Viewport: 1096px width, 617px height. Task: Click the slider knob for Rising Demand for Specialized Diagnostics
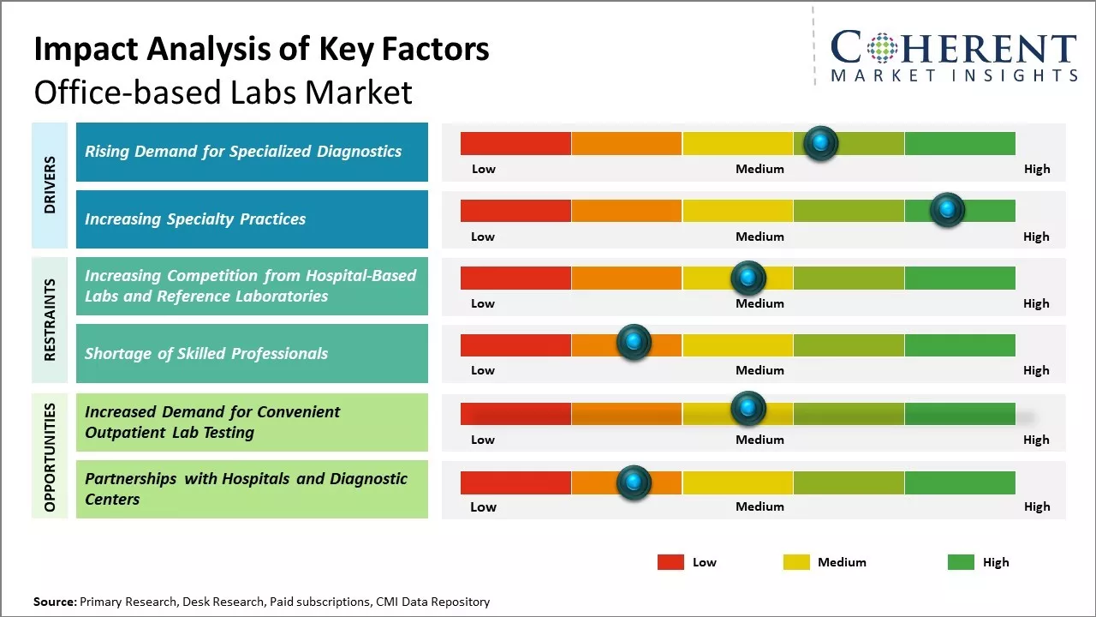click(x=821, y=143)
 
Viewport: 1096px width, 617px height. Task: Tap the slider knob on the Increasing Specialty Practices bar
click(x=947, y=210)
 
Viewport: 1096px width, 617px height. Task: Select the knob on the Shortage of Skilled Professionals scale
click(x=634, y=343)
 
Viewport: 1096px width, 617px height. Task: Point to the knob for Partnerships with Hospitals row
click(x=634, y=482)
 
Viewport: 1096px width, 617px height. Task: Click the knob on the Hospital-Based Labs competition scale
click(x=748, y=278)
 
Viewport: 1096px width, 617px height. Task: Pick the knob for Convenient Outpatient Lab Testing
click(x=748, y=409)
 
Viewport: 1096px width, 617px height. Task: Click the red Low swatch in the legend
click(x=670, y=562)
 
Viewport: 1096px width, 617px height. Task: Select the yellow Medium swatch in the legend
click(x=796, y=562)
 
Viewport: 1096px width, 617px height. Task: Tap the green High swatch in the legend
click(x=961, y=562)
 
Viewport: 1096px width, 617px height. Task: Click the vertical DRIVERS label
click(x=50, y=185)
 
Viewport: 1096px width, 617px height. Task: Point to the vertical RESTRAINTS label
click(x=50, y=320)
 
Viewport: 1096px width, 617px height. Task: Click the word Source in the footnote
click(x=55, y=602)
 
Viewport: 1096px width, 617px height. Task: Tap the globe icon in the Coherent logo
click(x=882, y=49)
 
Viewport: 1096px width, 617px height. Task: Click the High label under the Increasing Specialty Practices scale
click(x=1036, y=237)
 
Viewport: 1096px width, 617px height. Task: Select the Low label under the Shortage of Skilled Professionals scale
click(x=483, y=370)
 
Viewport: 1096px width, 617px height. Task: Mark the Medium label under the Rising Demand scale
click(x=759, y=169)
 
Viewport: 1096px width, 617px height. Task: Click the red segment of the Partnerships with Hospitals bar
click(x=515, y=482)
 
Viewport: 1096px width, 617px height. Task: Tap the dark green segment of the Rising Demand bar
click(x=959, y=143)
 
